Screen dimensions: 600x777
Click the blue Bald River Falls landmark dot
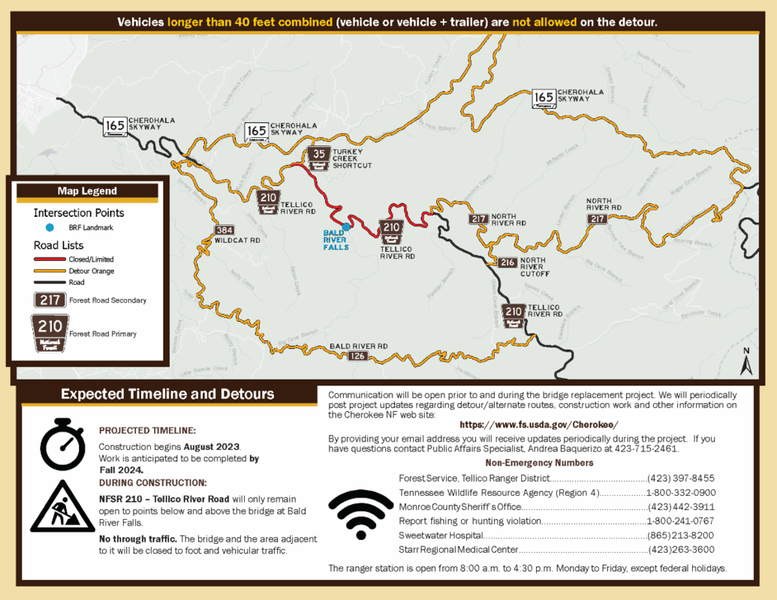(x=345, y=226)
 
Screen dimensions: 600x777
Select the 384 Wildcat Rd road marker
(x=224, y=230)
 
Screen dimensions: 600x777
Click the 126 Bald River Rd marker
(x=358, y=355)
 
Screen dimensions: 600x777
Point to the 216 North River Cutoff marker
(x=507, y=262)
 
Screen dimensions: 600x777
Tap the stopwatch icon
(x=62, y=444)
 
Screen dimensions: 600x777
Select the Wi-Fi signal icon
(x=360, y=514)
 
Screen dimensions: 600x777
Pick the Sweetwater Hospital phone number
(x=681, y=535)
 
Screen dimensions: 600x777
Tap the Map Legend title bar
(x=87, y=191)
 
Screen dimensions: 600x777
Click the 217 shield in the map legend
(x=49, y=300)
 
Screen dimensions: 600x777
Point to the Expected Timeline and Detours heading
(x=167, y=394)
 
